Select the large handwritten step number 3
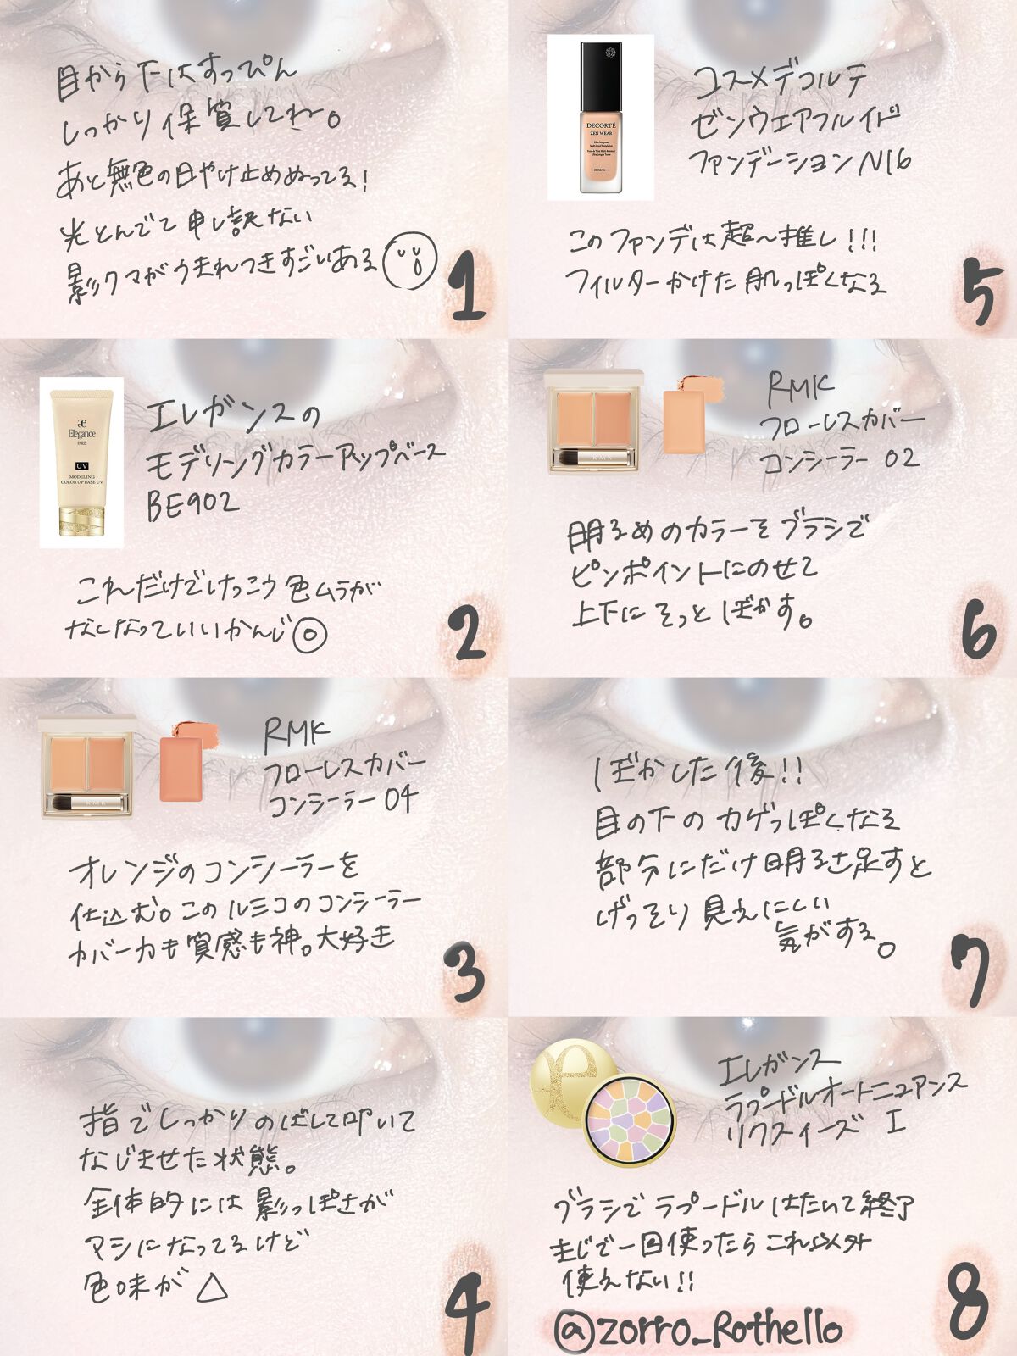[464, 970]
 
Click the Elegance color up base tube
[81, 462]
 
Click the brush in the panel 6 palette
[593, 458]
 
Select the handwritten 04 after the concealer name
[399, 799]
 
